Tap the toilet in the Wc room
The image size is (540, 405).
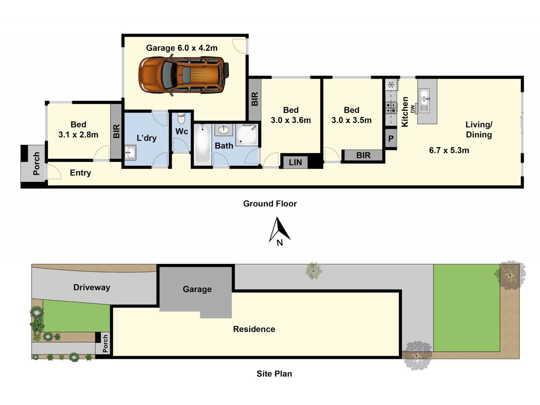(x=181, y=118)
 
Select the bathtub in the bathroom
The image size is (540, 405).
(x=202, y=144)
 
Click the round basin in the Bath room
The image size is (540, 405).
(x=224, y=130)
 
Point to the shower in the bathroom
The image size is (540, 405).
(x=247, y=135)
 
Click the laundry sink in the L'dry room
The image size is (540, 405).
(x=130, y=153)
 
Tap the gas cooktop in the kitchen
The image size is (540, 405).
(x=391, y=108)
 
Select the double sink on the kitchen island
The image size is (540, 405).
(x=424, y=100)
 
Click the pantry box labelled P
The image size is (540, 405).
(x=391, y=138)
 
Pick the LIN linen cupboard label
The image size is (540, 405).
(x=295, y=162)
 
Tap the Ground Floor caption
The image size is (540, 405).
(x=270, y=203)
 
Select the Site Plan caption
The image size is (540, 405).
(x=274, y=373)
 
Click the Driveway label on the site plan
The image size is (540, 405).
(x=92, y=287)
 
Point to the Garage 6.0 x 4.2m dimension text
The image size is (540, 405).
(x=182, y=48)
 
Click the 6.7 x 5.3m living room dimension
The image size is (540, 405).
(x=449, y=150)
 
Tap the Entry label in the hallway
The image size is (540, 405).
(x=80, y=173)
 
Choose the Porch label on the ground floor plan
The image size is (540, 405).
(x=36, y=164)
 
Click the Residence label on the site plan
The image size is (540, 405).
(x=254, y=329)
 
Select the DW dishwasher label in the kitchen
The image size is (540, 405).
(x=413, y=109)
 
